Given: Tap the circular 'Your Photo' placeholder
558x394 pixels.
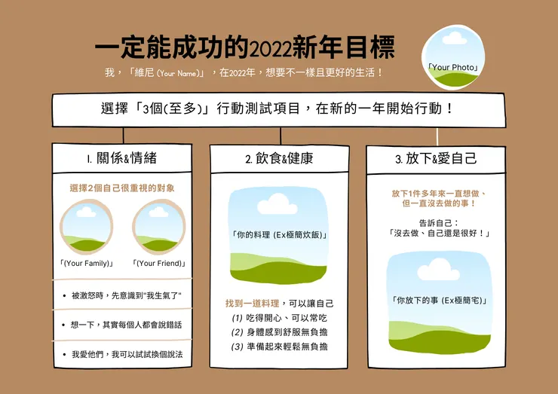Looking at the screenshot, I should coord(454,57).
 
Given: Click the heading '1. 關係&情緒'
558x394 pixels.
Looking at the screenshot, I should coord(121,159).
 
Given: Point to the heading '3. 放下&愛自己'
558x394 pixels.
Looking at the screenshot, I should coord(436,159).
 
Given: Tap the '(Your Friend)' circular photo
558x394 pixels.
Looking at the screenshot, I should coord(158,228).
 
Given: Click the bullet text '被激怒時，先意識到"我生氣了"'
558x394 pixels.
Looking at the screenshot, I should coord(127,295).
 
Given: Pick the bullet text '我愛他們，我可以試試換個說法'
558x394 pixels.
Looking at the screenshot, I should coord(127,353).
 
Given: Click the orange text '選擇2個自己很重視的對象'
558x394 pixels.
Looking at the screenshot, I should coord(122,188).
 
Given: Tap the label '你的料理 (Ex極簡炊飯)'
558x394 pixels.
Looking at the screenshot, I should coord(279,235).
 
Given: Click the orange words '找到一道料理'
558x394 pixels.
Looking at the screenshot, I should coord(250,303).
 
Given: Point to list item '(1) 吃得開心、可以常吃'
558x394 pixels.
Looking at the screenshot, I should coord(279,317).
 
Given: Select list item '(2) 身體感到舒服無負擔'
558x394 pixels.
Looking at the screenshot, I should coord(279,331).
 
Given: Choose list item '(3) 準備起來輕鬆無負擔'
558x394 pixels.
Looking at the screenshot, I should coord(279,347).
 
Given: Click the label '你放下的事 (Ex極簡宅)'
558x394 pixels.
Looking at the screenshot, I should coord(439,301).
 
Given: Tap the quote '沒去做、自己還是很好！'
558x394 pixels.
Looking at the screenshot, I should coord(439,234).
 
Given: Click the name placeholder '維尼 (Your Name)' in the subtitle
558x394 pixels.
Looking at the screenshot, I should coord(167,73).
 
